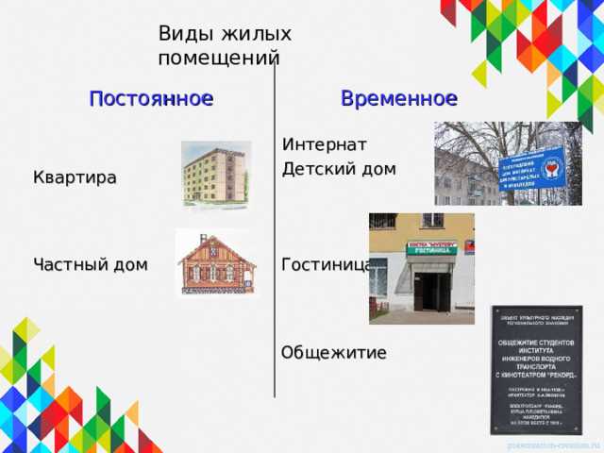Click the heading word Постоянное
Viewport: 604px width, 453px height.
151,98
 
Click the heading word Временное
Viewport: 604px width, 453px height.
398,98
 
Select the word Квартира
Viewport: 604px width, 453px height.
75,177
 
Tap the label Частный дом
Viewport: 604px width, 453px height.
90,265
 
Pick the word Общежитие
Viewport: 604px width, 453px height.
334,353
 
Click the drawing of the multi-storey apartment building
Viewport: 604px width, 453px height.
216,176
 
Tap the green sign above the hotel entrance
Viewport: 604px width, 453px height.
431,249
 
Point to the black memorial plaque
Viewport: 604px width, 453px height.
535,369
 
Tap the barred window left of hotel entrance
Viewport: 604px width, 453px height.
378,279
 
